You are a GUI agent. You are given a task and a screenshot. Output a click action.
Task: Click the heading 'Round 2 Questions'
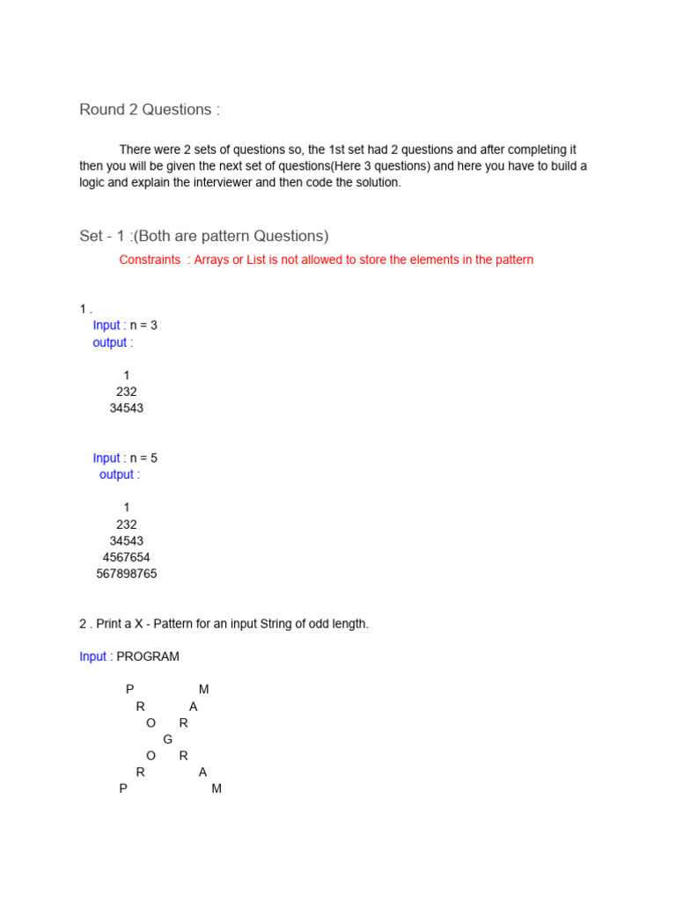[x=149, y=110]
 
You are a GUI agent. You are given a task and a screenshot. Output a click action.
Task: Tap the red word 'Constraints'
[x=150, y=260]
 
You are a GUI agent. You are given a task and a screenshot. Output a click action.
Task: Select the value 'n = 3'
[x=143, y=326]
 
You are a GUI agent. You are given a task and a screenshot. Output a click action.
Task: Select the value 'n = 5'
[x=143, y=458]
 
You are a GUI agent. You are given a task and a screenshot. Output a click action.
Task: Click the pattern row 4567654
[x=126, y=558]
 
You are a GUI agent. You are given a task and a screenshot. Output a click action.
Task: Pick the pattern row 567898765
[x=126, y=575]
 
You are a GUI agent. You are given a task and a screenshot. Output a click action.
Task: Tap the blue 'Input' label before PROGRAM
[x=92, y=656]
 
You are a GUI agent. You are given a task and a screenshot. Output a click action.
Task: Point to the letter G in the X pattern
[x=167, y=740]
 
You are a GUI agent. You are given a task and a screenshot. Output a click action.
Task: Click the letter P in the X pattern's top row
[x=130, y=690]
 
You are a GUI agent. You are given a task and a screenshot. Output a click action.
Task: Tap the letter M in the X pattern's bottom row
[x=217, y=789]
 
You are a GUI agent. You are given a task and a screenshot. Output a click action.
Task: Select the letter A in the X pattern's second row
[x=194, y=707]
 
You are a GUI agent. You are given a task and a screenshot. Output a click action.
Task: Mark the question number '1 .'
[x=85, y=309]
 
